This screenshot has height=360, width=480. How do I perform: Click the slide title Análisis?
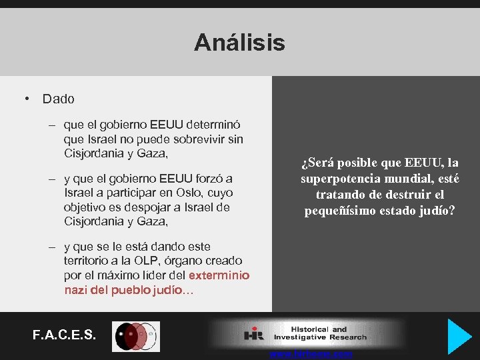tap(239, 43)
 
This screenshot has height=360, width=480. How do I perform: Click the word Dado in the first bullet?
tap(59, 99)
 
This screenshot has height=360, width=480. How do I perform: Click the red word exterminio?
tap(219, 275)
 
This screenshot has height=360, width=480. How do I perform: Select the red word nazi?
tap(76, 290)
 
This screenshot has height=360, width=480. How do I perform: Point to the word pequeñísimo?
tap(339, 211)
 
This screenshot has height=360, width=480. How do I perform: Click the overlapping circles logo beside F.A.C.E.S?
tap(136, 336)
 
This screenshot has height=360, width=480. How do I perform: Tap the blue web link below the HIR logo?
tap(311, 354)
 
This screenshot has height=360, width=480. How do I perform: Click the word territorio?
tap(90, 261)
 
